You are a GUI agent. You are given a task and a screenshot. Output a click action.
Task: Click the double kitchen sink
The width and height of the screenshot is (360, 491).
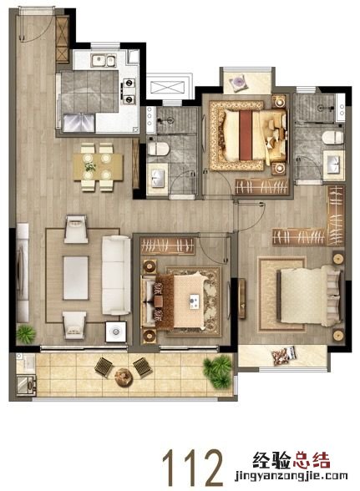coord(103,60)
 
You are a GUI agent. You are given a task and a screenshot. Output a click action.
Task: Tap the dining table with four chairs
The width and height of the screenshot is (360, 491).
coord(98,167)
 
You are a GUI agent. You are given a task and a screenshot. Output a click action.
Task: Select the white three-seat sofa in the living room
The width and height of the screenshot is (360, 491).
coord(116,276)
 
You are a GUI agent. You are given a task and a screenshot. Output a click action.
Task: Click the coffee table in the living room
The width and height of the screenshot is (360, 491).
coord(76,278)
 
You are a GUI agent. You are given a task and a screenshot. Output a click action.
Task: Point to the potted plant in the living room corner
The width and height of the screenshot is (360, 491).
coord(26,334)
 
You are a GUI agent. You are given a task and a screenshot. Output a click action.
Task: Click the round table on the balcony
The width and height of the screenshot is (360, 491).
coord(124,377)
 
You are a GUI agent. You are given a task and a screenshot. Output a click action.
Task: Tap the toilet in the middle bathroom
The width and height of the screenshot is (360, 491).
coord(159,149)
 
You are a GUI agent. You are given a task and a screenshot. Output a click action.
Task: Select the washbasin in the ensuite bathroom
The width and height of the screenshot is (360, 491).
coord(333,163)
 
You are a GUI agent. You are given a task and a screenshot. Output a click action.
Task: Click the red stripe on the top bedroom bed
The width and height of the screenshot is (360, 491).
coord(246,135)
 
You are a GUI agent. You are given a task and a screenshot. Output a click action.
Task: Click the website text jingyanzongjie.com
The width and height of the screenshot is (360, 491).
coord(292,476)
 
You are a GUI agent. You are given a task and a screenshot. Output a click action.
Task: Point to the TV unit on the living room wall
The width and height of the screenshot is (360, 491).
coord(23,272)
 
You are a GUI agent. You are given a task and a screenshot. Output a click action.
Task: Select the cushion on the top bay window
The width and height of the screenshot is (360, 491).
coord(239,84)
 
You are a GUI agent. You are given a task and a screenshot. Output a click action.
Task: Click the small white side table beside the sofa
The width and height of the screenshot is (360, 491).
coord(116,332)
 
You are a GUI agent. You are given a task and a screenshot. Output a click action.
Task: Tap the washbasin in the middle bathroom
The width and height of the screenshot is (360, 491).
coord(157,178)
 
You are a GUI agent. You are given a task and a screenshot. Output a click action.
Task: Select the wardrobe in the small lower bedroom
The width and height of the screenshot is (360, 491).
coord(168,245)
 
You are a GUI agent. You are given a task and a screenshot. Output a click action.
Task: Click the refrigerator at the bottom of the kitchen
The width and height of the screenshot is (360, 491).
coord(79,123)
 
